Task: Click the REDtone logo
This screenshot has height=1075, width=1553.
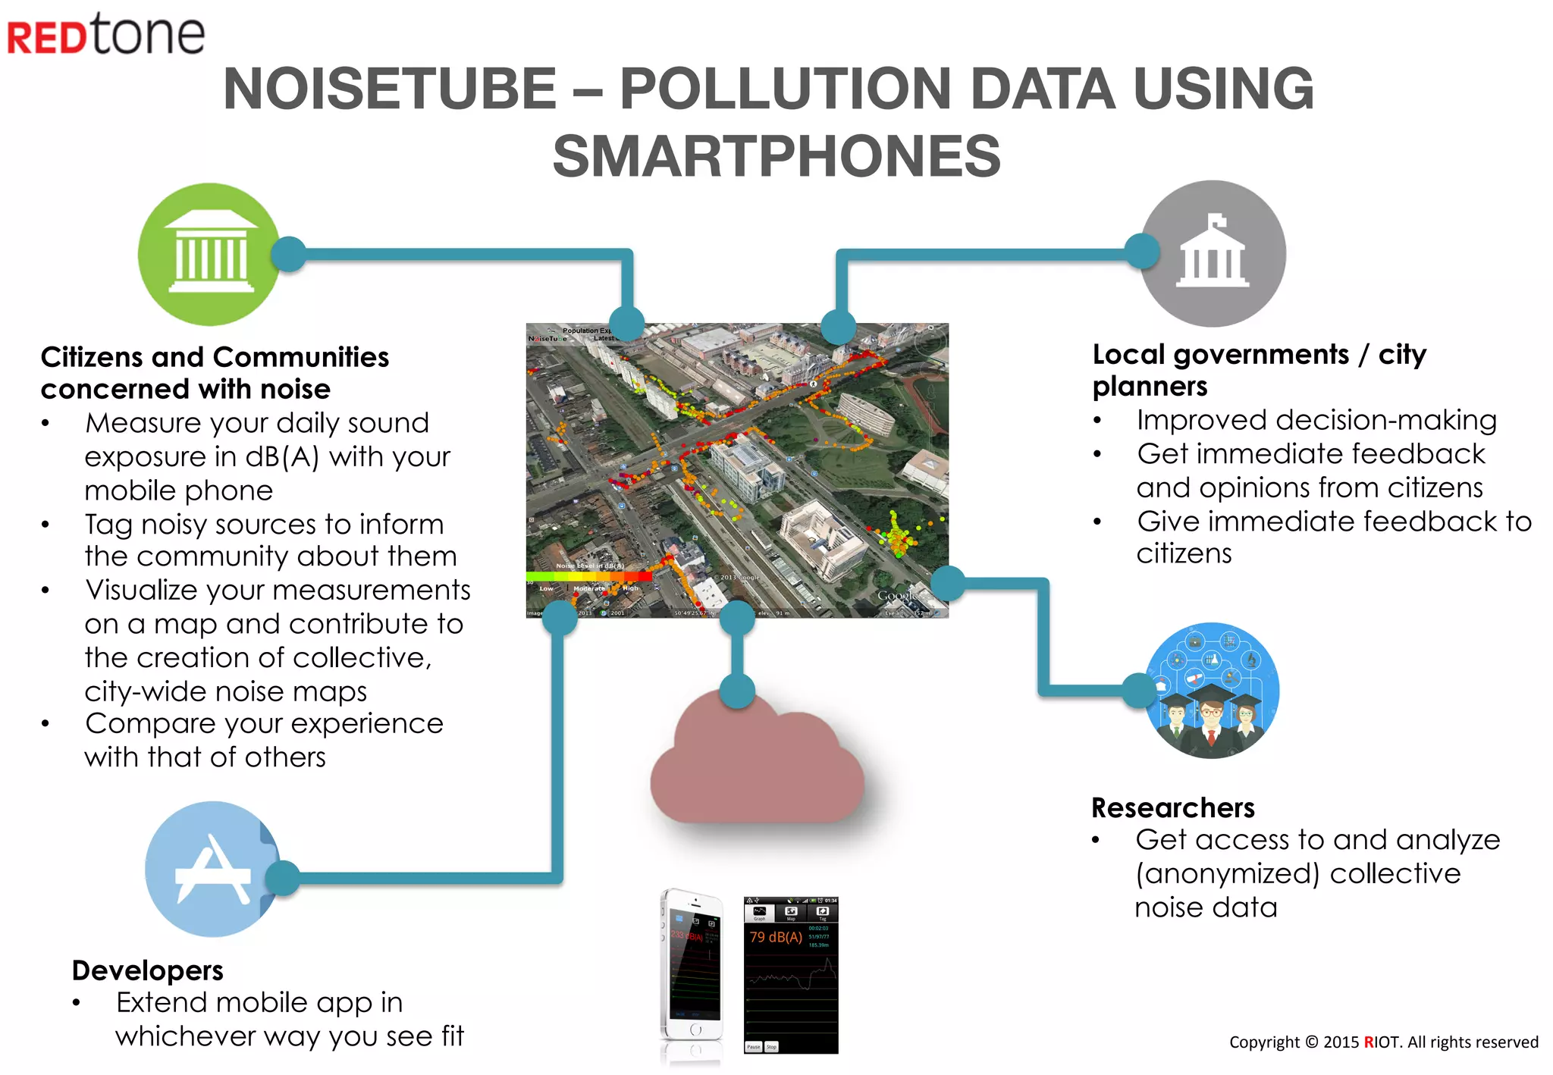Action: tap(106, 34)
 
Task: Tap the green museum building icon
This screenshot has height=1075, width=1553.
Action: tap(210, 255)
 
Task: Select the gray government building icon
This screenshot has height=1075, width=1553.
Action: tap(1213, 253)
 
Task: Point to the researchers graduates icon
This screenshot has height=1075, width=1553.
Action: tap(1212, 691)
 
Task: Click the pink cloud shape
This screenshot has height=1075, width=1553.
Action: tap(757, 766)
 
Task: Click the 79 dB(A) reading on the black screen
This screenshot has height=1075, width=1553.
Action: tap(776, 937)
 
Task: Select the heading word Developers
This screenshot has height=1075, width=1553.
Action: tap(148, 970)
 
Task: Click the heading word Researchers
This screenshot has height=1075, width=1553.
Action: tap(1173, 807)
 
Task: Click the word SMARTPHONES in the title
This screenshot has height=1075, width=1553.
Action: tap(776, 156)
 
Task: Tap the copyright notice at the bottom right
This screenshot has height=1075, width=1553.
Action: tap(1383, 1042)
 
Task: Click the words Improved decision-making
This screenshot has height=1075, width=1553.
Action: tap(1316, 420)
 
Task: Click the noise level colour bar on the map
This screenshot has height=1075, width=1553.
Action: tap(588, 577)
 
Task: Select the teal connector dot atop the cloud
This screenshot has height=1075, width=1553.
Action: tap(737, 691)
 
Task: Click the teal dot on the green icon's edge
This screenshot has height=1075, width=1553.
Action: tap(288, 254)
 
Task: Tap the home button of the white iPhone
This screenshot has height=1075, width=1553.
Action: tap(695, 1030)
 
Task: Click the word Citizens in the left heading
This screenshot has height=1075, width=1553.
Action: tap(91, 357)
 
